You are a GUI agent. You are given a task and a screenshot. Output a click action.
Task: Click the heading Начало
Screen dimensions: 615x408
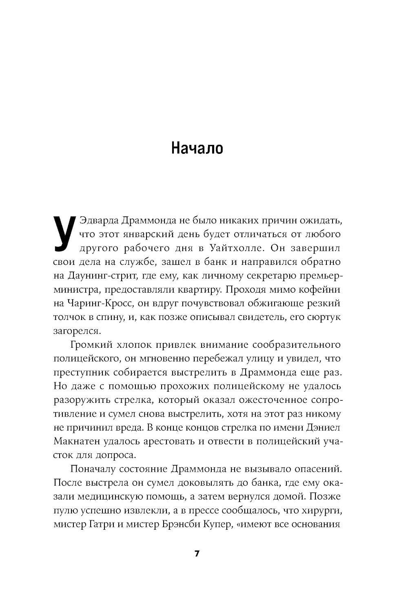pos(197,148)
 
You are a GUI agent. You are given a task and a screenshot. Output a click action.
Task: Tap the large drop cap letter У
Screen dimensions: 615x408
pos(64,233)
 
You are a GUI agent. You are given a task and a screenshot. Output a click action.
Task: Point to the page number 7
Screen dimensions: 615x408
pos(197,554)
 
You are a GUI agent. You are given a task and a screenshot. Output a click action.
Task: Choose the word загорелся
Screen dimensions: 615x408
pos(76,331)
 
